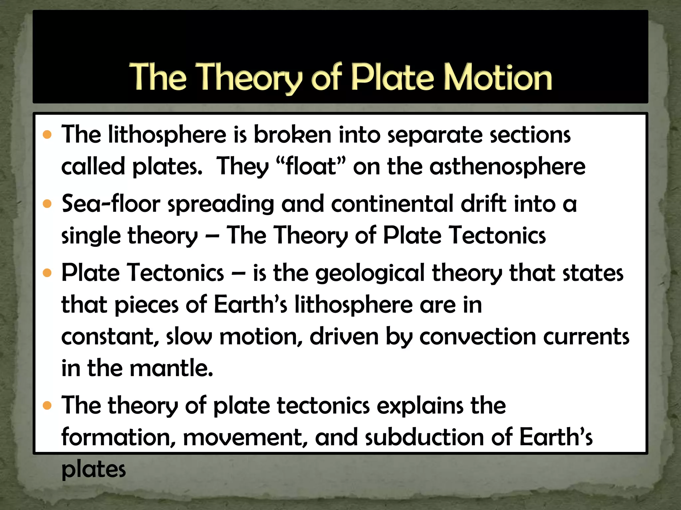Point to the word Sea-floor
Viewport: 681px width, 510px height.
pyautogui.click(x=111, y=204)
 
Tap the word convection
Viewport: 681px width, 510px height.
pyautogui.click(x=477, y=337)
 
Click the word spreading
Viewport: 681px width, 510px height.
pyautogui.click(x=221, y=204)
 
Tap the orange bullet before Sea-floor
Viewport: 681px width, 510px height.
pyautogui.click(x=48, y=204)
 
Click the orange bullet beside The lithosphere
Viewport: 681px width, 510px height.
pyautogui.click(x=48, y=135)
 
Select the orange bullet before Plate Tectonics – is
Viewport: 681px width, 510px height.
pyautogui.click(x=48, y=273)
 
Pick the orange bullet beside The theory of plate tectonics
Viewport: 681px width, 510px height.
pyautogui.click(x=48, y=406)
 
